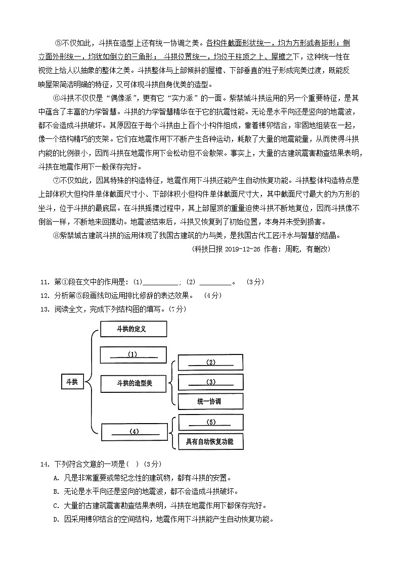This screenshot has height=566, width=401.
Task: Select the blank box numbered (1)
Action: (133, 354)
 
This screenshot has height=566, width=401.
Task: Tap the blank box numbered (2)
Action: (210, 363)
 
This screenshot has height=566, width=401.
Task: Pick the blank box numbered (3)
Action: (210, 382)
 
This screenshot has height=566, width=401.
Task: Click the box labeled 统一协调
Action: (210, 401)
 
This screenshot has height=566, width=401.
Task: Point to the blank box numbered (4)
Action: (134, 432)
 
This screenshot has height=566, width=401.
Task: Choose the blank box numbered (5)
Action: (210, 423)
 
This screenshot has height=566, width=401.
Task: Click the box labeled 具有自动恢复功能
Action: (210, 442)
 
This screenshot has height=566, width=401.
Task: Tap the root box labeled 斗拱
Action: (72, 382)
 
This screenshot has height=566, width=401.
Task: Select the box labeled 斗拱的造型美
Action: (134, 383)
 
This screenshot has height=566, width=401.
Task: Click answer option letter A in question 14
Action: (55, 478)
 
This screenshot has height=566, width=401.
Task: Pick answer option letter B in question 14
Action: (55, 491)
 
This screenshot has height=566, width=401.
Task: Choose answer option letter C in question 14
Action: (55, 505)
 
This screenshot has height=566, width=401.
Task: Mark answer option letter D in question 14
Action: (55, 519)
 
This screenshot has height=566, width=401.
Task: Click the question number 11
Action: (44, 282)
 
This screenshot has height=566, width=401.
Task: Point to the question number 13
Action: (44, 309)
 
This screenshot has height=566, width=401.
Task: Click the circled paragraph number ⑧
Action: (56, 235)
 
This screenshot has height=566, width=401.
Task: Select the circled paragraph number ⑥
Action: (56, 98)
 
